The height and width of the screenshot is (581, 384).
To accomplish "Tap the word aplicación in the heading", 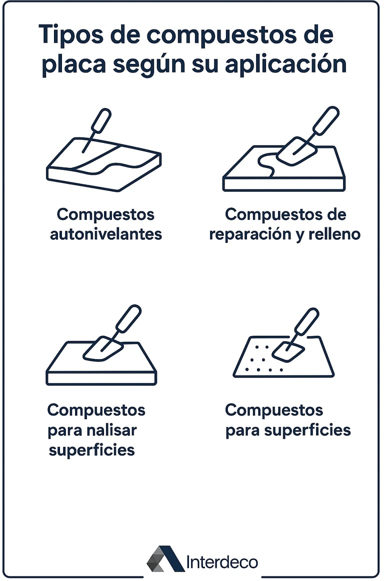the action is [285, 65].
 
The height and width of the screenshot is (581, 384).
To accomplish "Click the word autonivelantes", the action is [106, 234].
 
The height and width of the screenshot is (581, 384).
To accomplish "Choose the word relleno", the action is [334, 234].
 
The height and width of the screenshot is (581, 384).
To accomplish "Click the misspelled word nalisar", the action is [111, 430].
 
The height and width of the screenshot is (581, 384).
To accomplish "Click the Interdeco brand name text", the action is [222, 562].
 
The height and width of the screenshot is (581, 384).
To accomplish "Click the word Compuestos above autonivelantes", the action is [105, 215].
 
